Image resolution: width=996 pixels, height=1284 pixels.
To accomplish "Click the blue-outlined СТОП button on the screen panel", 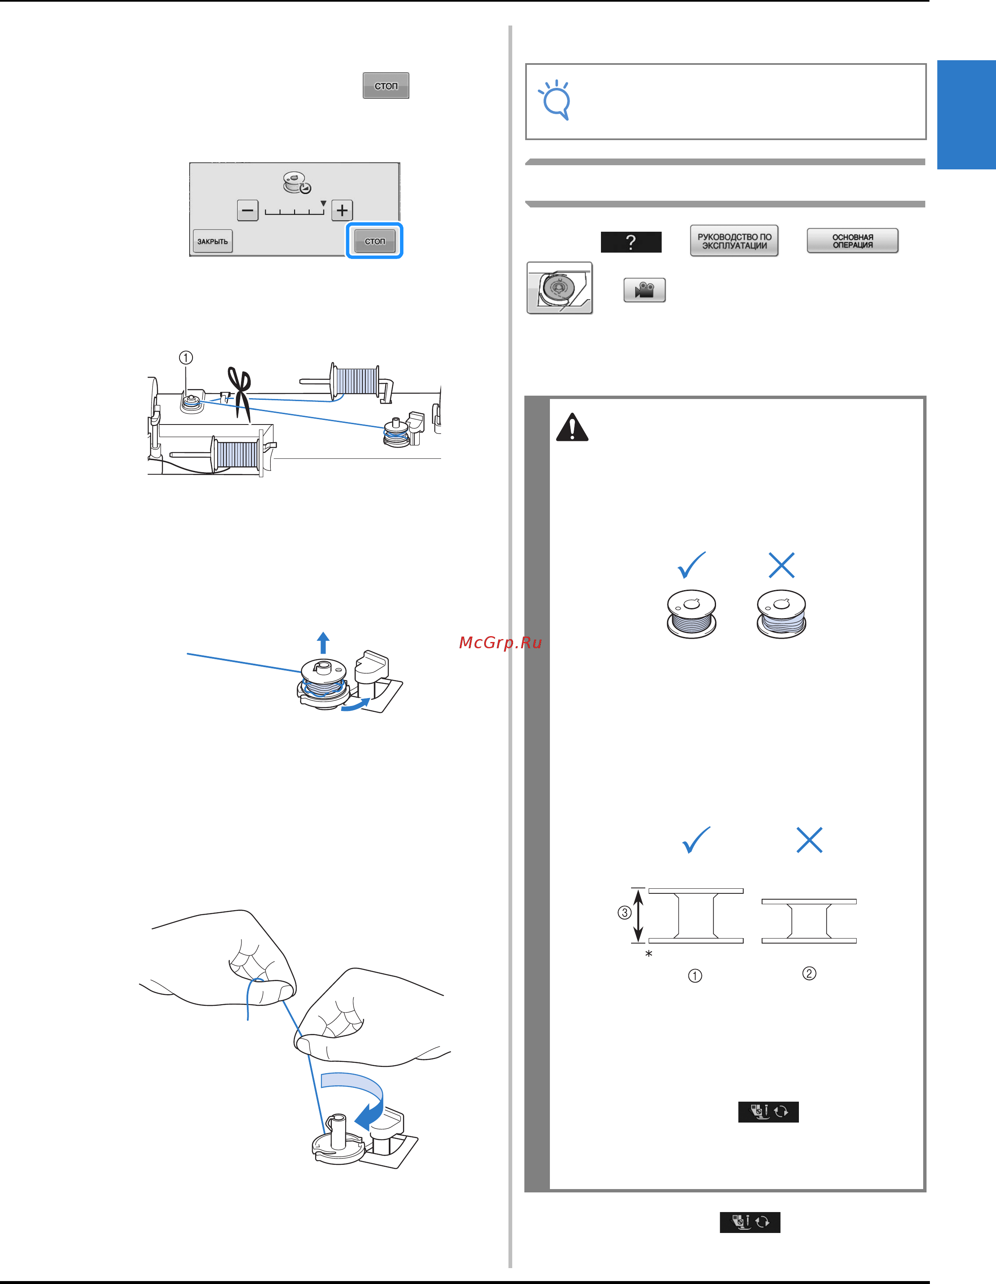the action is [x=375, y=240].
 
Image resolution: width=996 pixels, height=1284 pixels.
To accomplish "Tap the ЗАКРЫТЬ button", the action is [x=212, y=241].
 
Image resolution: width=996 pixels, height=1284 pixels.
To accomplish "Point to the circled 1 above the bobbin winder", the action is [x=186, y=358].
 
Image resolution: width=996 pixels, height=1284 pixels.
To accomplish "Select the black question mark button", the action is [x=631, y=242].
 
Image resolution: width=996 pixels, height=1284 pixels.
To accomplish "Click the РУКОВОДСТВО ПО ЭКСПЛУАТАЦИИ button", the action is [x=734, y=241].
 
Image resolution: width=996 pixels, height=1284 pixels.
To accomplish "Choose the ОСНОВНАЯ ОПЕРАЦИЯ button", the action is [x=852, y=241].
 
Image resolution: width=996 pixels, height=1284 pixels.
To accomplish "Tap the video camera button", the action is [x=645, y=290].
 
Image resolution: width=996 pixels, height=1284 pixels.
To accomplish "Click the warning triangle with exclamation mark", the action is [x=572, y=427].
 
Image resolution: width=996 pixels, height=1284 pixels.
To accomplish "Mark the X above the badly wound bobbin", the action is [x=782, y=565].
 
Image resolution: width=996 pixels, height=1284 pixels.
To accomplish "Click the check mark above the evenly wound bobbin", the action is [x=691, y=565].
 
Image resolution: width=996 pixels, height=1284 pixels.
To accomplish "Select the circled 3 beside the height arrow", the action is [x=624, y=913].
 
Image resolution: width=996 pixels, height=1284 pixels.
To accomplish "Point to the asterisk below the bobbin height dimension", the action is [x=649, y=954].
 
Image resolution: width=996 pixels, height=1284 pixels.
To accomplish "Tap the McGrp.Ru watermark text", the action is [x=500, y=642].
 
